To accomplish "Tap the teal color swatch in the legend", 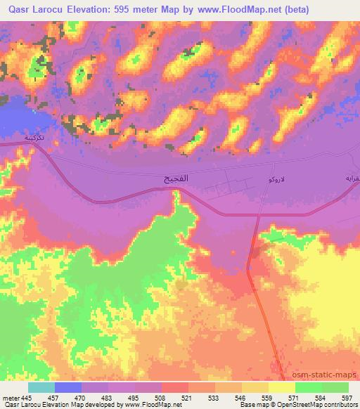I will click(x=41, y=387).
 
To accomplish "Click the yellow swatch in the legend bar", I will click(x=281, y=387).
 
